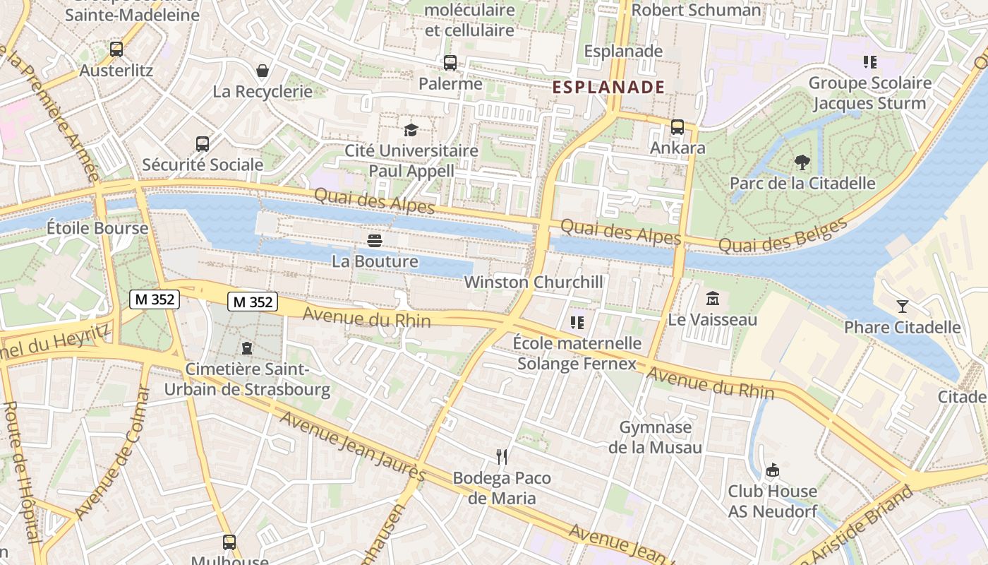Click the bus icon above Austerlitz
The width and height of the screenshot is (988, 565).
tap(116, 49)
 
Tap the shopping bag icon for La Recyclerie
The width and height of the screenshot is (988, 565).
tap(263, 71)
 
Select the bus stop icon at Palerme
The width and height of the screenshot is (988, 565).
tap(450, 63)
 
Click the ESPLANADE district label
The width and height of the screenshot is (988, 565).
tap(608, 87)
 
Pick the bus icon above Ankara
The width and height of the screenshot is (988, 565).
tap(677, 127)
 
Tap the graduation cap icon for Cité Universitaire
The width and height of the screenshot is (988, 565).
tap(411, 129)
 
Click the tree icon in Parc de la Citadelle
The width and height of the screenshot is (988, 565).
tap(802, 162)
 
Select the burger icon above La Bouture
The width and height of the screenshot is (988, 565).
tap(375, 241)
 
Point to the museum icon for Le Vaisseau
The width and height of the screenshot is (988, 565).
tap(712, 299)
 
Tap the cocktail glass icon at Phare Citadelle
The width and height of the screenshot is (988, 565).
tap(902, 306)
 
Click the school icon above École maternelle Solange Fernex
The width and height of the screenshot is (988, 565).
tap(577, 323)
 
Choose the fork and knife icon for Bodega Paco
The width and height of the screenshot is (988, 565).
tap(502, 457)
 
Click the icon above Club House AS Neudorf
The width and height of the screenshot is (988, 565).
tap(773, 470)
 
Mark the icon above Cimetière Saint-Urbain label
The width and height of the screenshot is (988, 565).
tap(247, 348)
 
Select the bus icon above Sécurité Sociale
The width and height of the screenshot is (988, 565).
tap(203, 144)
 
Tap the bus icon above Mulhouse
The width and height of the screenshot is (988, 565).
tap(229, 542)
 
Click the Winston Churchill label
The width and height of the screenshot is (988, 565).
tap(534, 282)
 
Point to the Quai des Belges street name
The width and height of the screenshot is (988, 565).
tap(783, 236)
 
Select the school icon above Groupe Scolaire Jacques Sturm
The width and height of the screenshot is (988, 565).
tap(869, 62)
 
